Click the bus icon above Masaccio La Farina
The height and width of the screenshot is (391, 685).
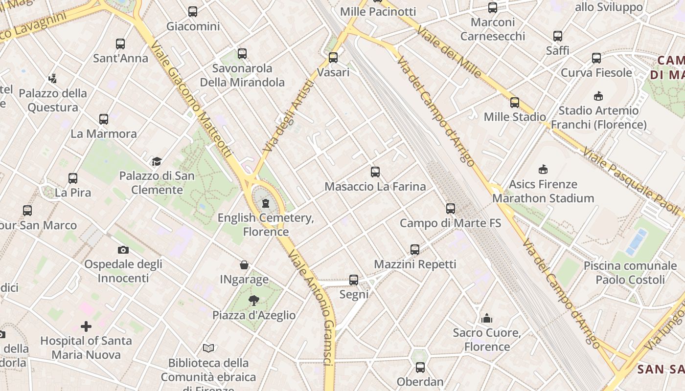coord(375,172)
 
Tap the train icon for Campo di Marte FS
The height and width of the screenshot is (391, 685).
coord(451,209)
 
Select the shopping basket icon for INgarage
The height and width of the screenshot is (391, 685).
coord(244,265)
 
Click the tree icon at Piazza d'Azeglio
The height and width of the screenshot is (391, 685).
coord(253,301)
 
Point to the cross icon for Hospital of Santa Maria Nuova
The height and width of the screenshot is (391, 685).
coord(86,326)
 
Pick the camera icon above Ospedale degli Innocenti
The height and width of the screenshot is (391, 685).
coord(123,250)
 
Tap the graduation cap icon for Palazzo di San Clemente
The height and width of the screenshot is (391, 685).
coord(157,161)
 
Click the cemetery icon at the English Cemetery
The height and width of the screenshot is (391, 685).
coord(266,203)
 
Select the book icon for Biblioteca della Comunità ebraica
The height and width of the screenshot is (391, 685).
coord(208,348)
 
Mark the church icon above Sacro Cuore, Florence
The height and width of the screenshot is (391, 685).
coord(487,319)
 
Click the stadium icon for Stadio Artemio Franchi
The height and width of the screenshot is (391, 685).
coord(598,96)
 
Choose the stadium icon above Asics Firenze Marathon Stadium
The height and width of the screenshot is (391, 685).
coord(543,170)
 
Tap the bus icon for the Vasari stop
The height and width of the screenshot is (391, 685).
coord(333,58)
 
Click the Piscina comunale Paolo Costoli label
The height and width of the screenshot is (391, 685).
coord(630,273)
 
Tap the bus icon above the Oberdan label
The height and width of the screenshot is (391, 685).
coord(420,367)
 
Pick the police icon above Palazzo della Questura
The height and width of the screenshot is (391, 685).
coord(53,78)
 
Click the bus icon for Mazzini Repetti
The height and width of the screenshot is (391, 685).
coord(415,250)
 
